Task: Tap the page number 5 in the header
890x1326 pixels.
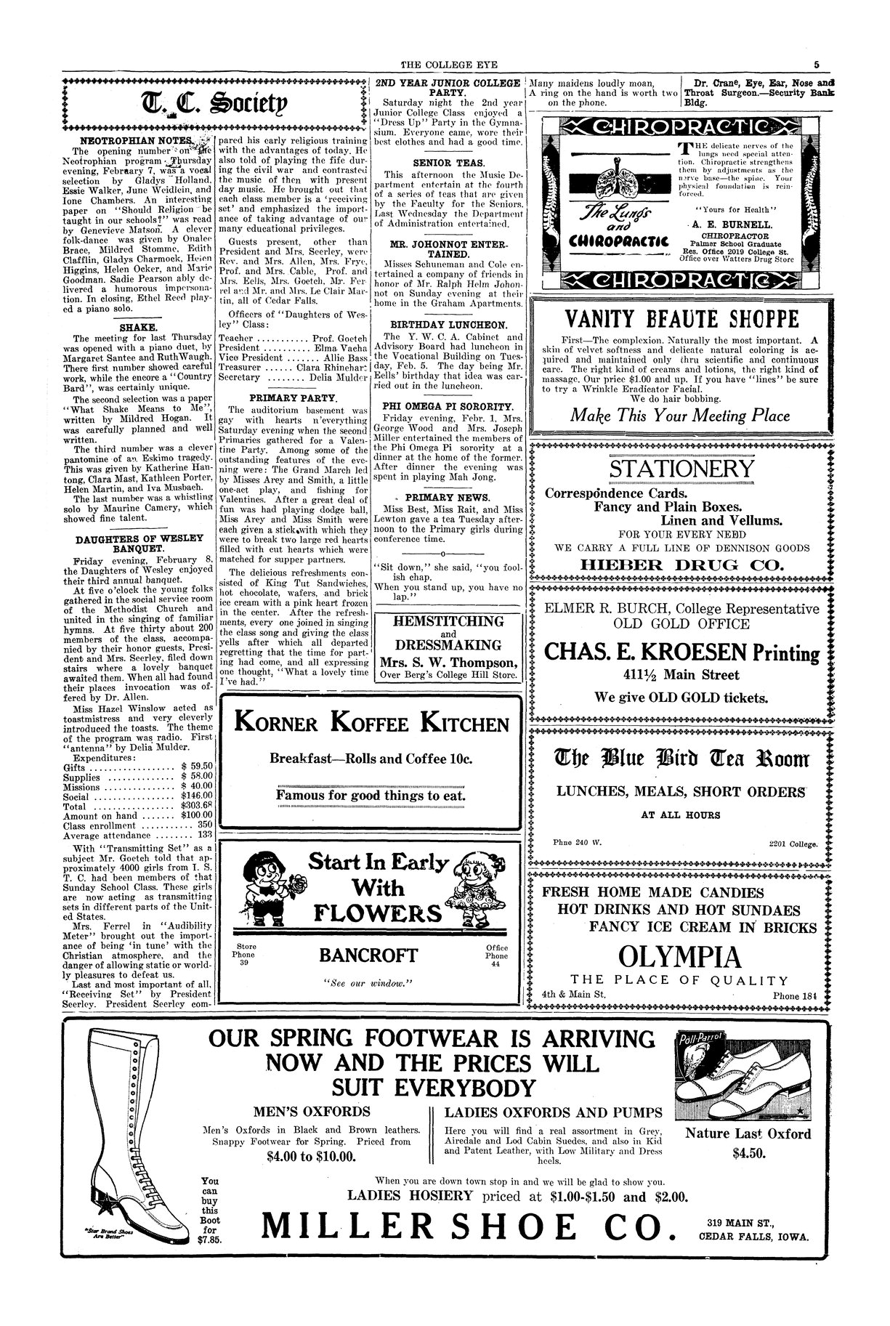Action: (x=817, y=64)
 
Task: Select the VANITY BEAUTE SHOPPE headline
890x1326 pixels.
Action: (x=680, y=318)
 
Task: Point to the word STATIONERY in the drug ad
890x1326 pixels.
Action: (x=681, y=469)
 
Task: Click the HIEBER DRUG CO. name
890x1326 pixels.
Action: (x=681, y=565)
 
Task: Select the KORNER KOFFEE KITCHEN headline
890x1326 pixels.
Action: (x=371, y=724)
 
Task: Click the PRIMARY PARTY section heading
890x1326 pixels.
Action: (x=293, y=398)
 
